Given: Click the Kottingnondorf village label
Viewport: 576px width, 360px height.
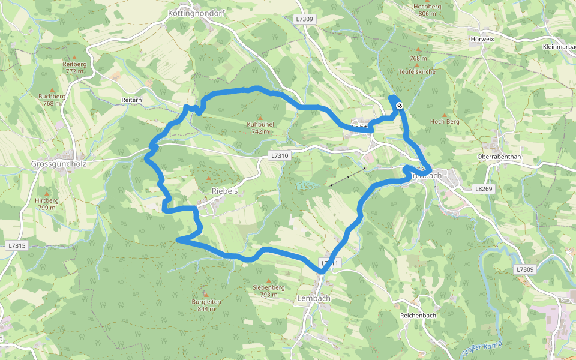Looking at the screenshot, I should click(196, 12).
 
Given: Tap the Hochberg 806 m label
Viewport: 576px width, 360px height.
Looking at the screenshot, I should click(427, 10).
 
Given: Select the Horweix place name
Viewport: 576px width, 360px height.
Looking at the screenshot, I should click(482, 40).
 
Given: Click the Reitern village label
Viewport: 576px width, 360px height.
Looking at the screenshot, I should click(131, 100).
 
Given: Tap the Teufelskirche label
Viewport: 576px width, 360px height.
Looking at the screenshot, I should click(417, 71).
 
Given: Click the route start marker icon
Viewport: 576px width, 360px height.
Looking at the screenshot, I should click(400, 106).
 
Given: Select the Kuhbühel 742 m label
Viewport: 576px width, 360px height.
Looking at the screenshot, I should click(260, 128).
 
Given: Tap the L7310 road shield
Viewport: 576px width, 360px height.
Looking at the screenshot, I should click(280, 156).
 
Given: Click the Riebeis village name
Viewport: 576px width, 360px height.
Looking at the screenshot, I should click(225, 190).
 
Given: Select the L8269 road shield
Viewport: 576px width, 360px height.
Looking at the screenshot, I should click(483, 188).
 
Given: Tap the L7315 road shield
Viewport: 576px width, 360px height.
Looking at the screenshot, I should click(17, 246).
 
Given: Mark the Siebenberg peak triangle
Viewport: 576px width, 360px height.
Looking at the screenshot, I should click(268, 280).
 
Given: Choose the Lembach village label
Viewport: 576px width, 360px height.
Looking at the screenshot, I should click(313, 298).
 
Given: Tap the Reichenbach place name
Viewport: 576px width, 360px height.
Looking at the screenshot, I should click(418, 315).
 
